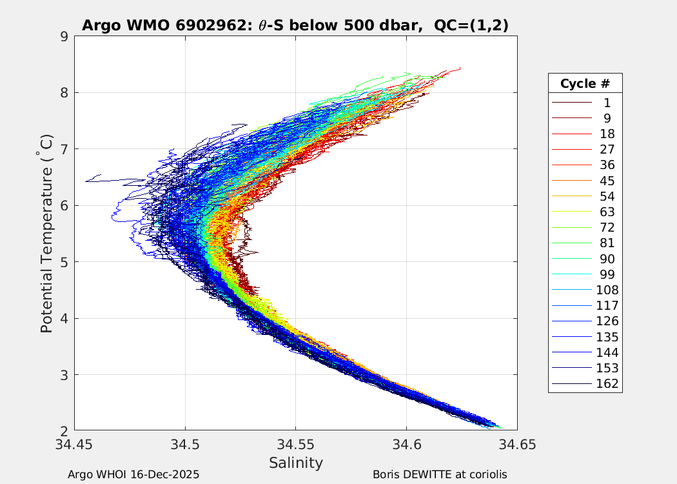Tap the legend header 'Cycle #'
pos(585,84)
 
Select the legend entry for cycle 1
pos(607,103)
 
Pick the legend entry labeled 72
pos(607,228)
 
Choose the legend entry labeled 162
pos(607,384)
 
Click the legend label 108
pos(607,290)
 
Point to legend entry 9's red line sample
pos(571,118)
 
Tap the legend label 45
pos(607,181)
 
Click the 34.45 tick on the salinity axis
pos(75,445)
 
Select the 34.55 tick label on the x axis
pos(296,445)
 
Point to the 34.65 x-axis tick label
pos(517,445)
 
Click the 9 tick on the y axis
pos(64,36)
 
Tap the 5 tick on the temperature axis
pos(64,262)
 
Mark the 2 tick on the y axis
pos(64,431)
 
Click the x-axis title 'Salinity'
pos(296,463)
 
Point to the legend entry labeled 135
pos(607,337)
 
